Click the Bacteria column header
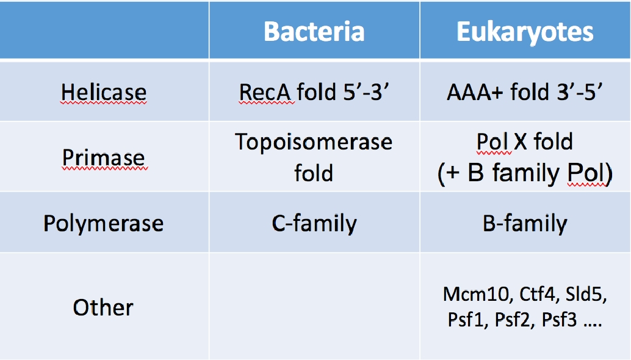coord(314,31)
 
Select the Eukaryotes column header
coord(525,32)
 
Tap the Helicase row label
coord(103,92)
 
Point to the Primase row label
coord(103,157)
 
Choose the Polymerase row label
coord(103,223)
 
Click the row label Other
coord(103,308)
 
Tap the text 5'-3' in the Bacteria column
coord(366,92)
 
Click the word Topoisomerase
coord(314,142)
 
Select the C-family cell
coord(314,223)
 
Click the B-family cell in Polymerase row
coord(525,223)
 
